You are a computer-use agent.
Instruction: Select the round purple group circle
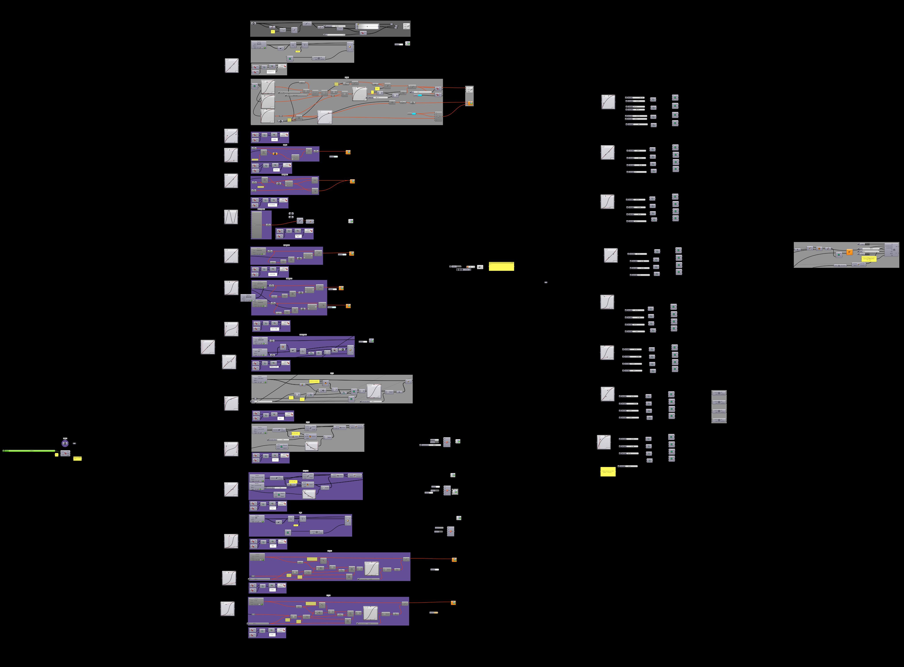click(x=65, y=443)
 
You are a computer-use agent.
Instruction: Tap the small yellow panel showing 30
click(x=56, y=455)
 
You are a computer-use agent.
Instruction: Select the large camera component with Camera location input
click(x=892, y=250)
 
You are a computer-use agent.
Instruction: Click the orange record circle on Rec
click(x=468, y=267)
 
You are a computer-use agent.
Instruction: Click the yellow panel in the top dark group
click(x=273, y=31)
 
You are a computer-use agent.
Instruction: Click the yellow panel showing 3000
click(x=77, y=458)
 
